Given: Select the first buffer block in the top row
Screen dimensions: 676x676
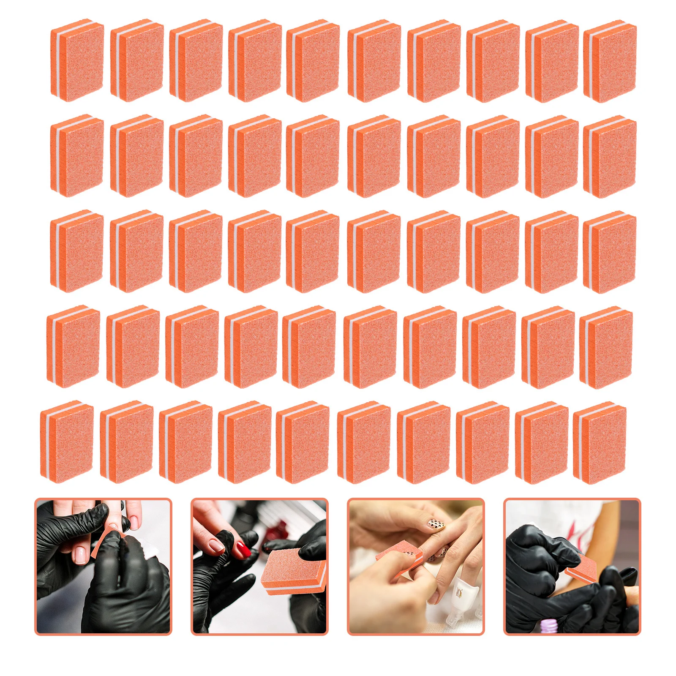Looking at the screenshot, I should [x=77, y=60].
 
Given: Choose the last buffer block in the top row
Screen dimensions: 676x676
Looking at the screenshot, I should [x=610, y=61].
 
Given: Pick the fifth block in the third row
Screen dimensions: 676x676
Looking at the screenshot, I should [x=313, y=252].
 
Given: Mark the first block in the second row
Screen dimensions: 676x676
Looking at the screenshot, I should [x=77, y=156].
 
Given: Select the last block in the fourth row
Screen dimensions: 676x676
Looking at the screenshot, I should [x=606, y=347].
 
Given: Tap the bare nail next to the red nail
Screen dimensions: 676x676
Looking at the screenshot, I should [x=217, y=545].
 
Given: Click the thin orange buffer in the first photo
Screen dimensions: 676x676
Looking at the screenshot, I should [x=101, y=543].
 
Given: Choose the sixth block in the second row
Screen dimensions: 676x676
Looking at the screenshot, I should [x=374, y=156].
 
